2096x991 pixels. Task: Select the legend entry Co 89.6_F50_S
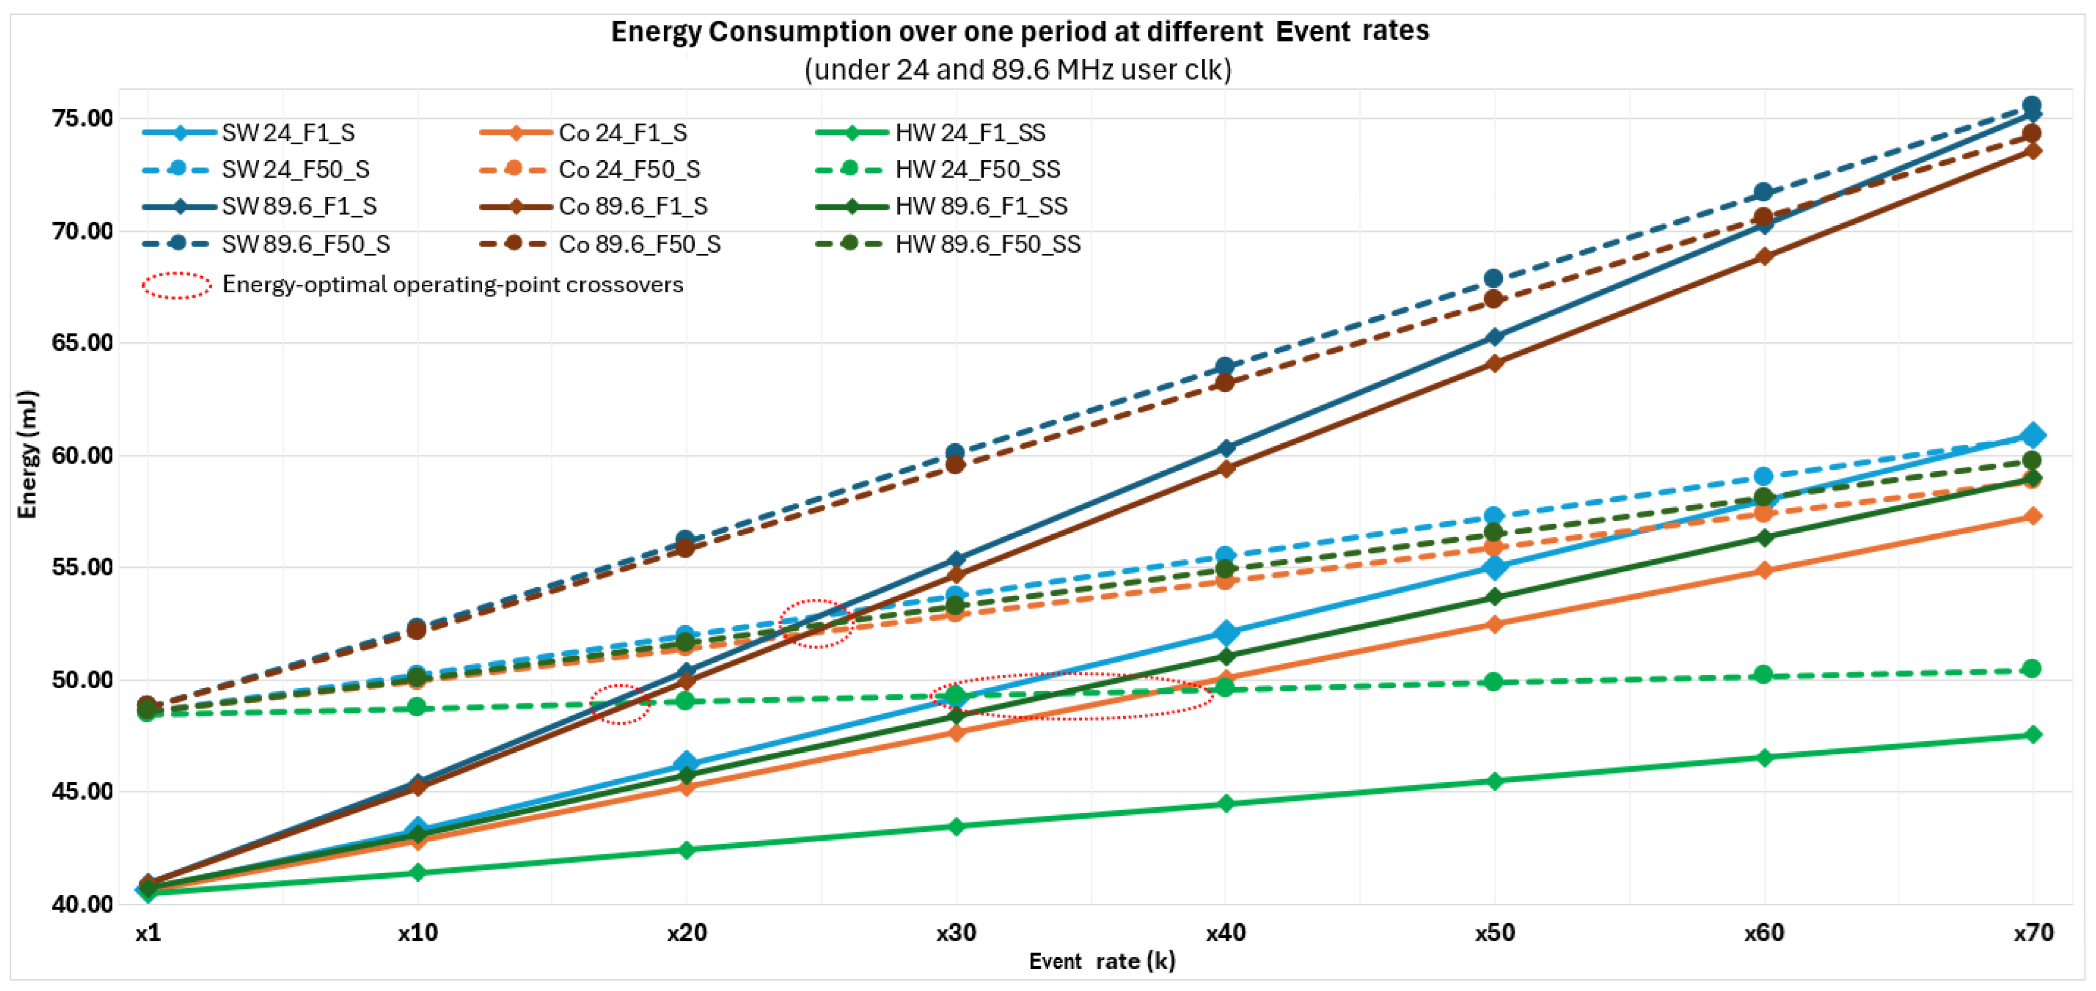pos(600,244)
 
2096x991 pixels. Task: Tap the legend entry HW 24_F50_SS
pos(938,169)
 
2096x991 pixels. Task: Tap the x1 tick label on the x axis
pos(148,932)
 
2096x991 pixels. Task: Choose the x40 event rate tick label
pos(1225,932)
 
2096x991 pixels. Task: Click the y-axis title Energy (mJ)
pos(27,454)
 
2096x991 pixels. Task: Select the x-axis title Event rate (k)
pos(1102,962)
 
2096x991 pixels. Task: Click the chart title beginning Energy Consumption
pos(1019,32)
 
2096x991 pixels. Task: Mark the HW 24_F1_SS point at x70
pos(2032,734)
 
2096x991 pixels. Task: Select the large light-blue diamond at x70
pos(2032,435)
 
